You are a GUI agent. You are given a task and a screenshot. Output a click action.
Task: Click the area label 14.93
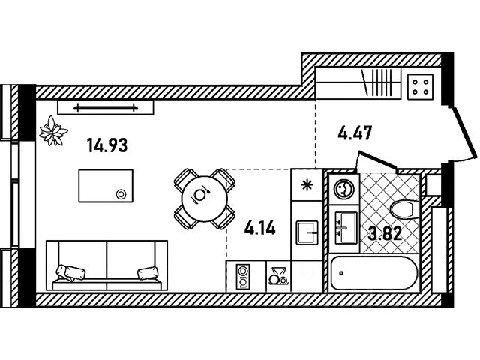(107, 145)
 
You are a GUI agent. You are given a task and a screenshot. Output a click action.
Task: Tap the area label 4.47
(355, 133)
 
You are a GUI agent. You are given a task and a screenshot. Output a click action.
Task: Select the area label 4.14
(260, 228)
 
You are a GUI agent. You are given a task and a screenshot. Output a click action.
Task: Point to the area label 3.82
(385, 235)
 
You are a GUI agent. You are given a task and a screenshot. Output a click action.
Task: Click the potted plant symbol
(53, 131)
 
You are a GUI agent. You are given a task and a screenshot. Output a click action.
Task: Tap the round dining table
(205, 198)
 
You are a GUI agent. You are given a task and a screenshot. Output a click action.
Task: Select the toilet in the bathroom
(405, 209)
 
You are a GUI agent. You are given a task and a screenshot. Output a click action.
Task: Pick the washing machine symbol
(343, 188)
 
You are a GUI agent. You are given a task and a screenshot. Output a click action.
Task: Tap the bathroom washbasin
(346, 228)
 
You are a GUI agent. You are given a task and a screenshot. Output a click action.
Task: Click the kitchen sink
(307, 232)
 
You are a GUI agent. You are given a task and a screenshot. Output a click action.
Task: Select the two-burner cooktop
(243, 277)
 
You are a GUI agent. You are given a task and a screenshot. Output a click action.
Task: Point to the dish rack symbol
(278, 276)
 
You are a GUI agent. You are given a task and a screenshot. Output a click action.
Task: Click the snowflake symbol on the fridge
(306, 185)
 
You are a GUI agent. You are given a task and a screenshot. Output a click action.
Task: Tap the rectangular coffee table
(106, 186)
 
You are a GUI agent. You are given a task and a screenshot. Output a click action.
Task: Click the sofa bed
(106, 265)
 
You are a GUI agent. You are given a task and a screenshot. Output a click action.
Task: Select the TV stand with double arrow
(106, 107)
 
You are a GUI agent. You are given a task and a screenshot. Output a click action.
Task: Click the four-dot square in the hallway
(420, 87)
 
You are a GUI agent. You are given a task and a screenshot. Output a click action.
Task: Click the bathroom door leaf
(378, 160)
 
